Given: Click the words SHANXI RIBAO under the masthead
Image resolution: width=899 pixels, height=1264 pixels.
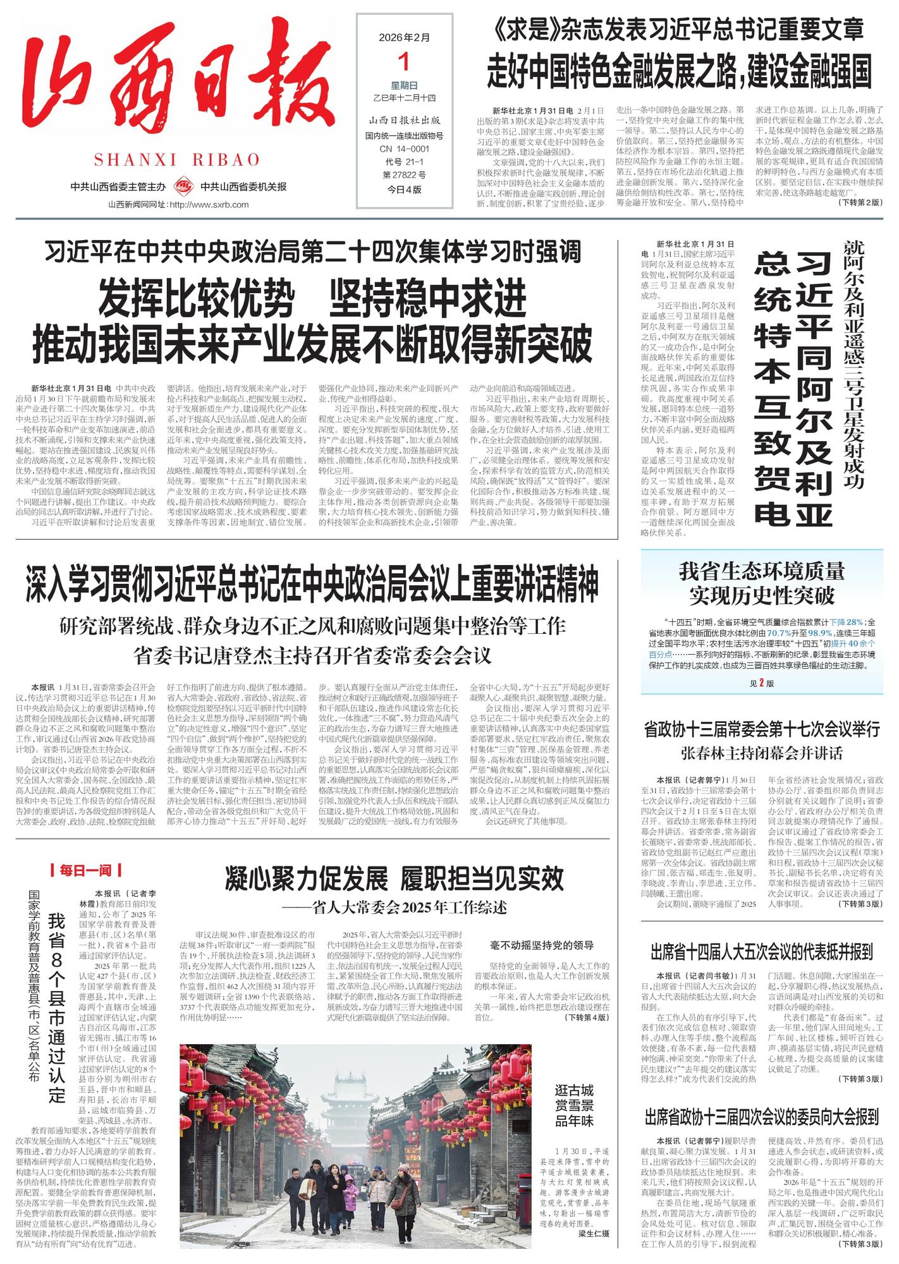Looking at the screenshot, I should coord(177,159).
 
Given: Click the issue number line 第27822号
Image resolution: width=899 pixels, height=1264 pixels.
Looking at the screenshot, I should coord(404,175).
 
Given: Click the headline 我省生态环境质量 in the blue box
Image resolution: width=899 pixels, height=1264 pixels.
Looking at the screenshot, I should coord(761,572).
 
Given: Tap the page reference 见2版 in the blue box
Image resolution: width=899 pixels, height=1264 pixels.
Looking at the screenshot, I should coord(761,683).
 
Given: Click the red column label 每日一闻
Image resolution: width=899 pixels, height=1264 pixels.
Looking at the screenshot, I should coord(85,871).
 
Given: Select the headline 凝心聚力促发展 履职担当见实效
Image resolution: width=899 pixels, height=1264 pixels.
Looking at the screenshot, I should coord(394,878).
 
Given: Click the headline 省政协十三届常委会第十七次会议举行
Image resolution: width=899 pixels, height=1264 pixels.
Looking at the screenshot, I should coord(761,729).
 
